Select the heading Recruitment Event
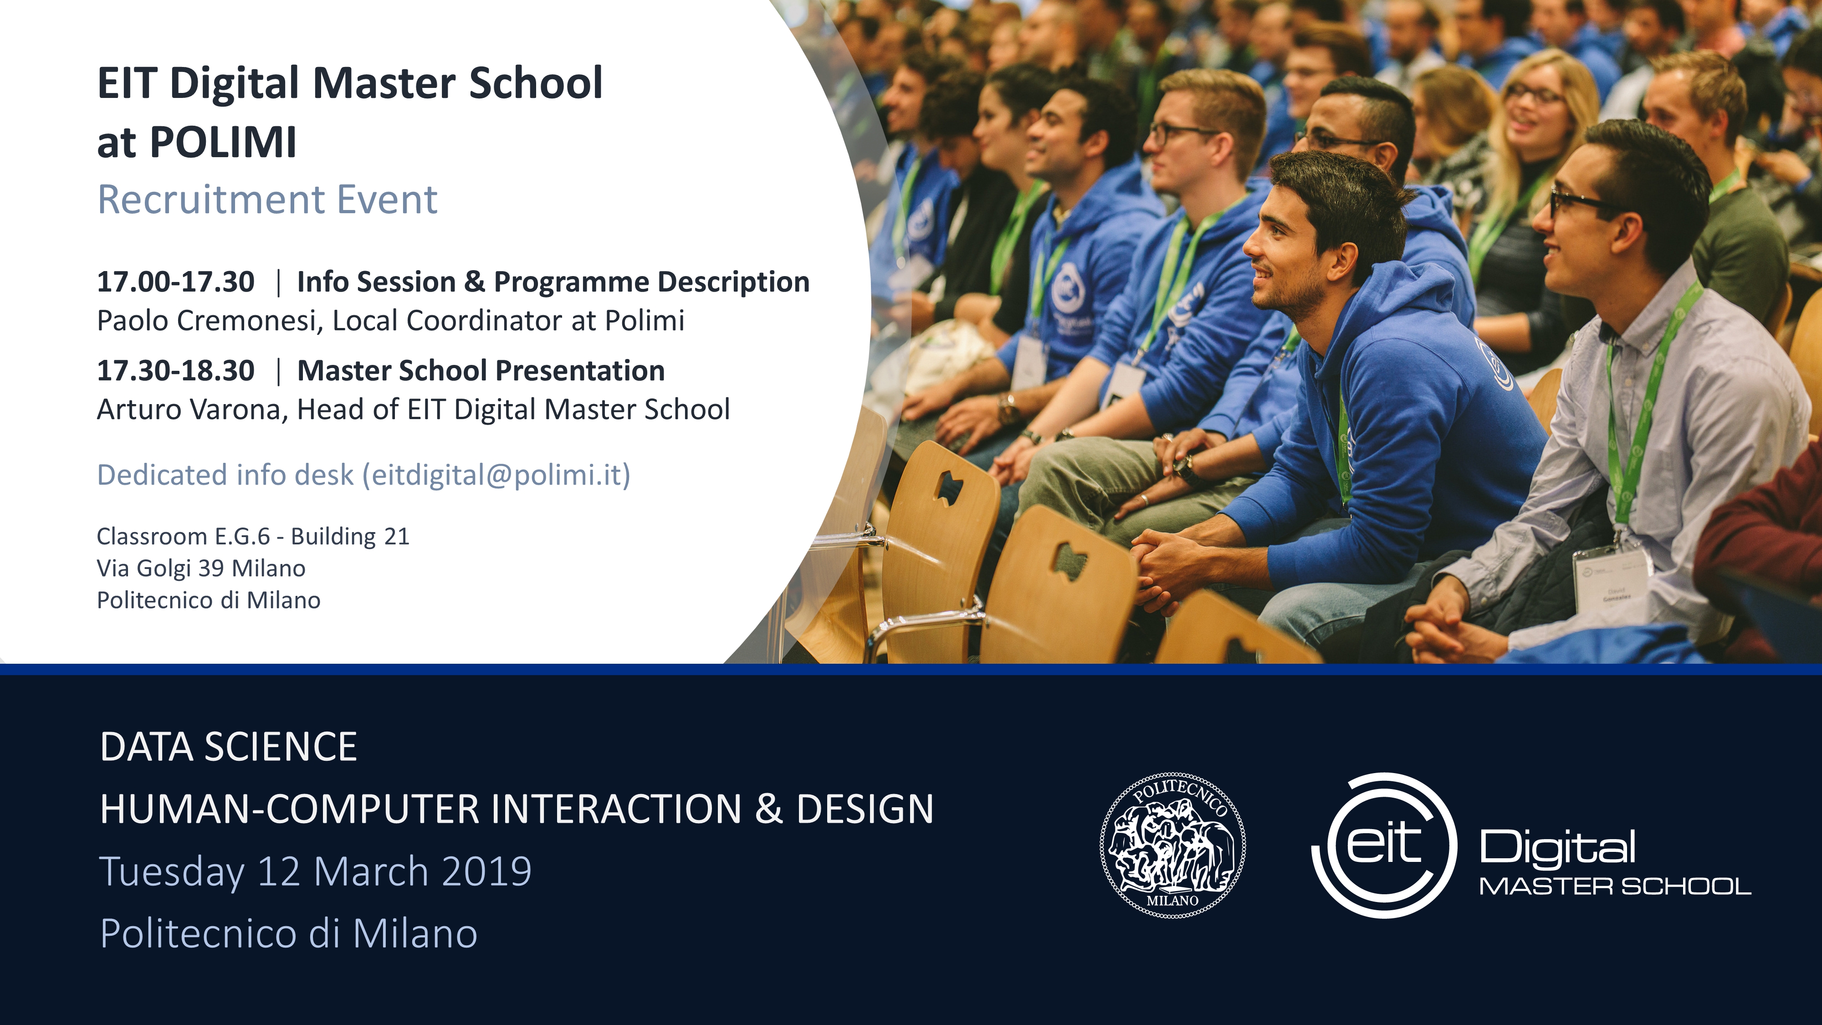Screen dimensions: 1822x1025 (x=267, y=200)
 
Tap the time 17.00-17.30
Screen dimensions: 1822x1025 (x=175, y=282)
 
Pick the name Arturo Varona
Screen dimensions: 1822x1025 (x=189, y=410)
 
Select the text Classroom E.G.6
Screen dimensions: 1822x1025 (x=183, y=536)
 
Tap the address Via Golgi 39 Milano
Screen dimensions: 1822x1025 (x=201, y=568)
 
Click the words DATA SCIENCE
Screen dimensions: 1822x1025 (x=229, y=747)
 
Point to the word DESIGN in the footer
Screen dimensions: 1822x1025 (x=865, y=809)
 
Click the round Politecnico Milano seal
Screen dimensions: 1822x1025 (x=1173, y=846)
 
